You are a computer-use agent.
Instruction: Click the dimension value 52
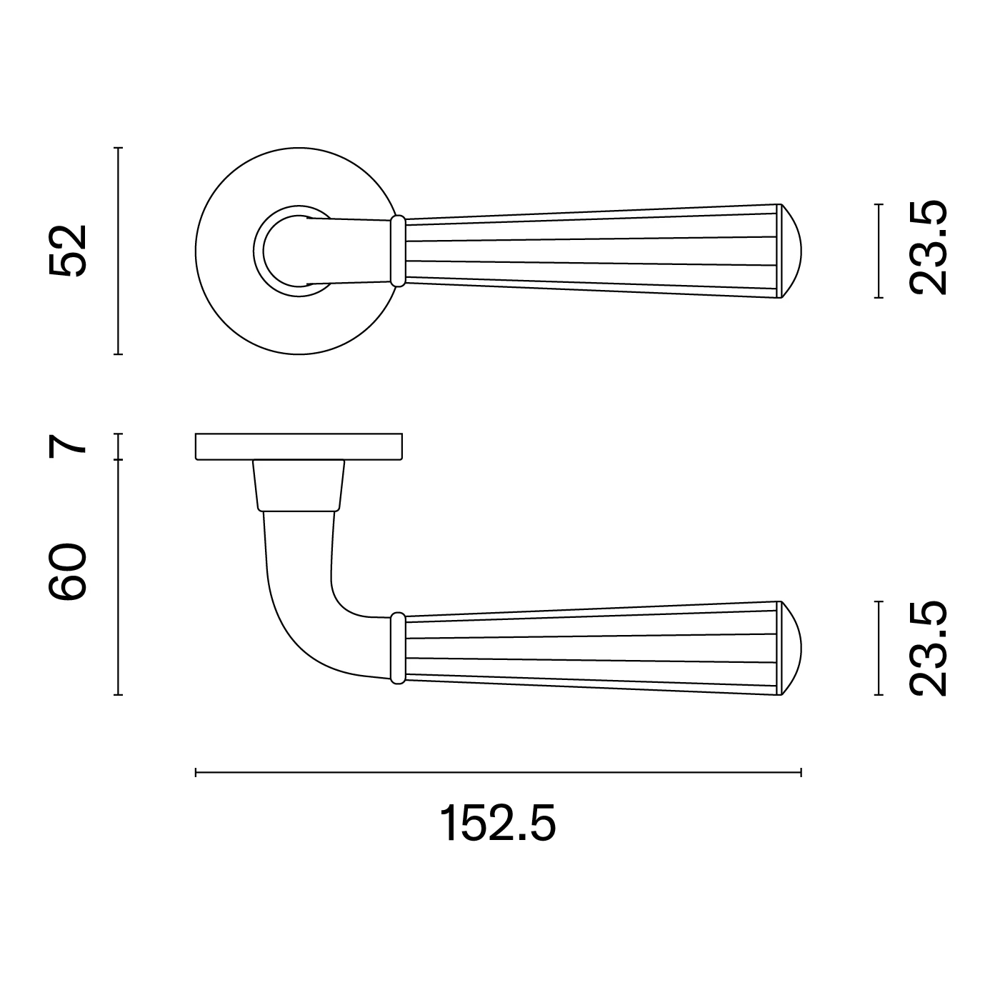point(67,251)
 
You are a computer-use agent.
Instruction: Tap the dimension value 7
point(67,446)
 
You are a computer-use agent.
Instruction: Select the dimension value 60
point(67,572)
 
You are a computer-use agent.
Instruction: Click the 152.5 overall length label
point(498,824)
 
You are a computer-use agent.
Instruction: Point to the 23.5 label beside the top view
point(929,248)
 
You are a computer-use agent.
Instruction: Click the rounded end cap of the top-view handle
point(790,251)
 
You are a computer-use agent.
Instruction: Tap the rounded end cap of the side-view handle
point(790,649)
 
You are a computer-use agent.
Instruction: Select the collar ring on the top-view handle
point(398,251)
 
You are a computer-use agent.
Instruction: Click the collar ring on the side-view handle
point(398,648)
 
